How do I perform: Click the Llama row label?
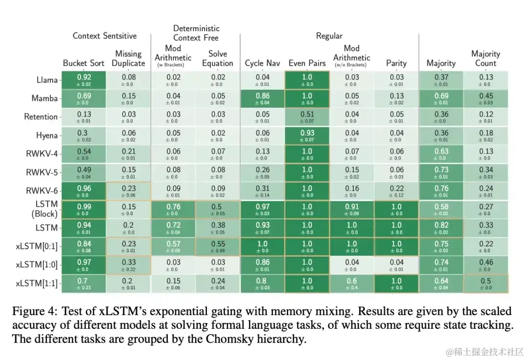click(x=47, y=80)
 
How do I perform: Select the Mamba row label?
click(x=44, y=99)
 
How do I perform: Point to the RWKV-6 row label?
click(x=42, y=191)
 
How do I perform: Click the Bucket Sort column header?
click(x=83, y=63)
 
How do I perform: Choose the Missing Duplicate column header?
click(x=128, y=59)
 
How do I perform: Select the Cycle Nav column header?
click(x=263, y=63)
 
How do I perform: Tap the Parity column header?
click(x=396, y=63)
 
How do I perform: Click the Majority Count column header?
click(x=486, y=59)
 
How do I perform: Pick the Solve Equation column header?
click(x=218, y=59)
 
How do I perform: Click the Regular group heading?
click(x=329, y=36)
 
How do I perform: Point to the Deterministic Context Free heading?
click(x=196, y=33)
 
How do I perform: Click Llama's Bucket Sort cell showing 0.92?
click(x=84, y=80)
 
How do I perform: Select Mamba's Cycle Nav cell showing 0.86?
click(x=263, y=99)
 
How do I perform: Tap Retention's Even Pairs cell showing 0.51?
click(x=307, y=117)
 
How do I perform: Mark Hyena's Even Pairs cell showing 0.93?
click(x=307, y=136)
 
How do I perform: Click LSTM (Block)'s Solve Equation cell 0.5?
click(x=218, y=210)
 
